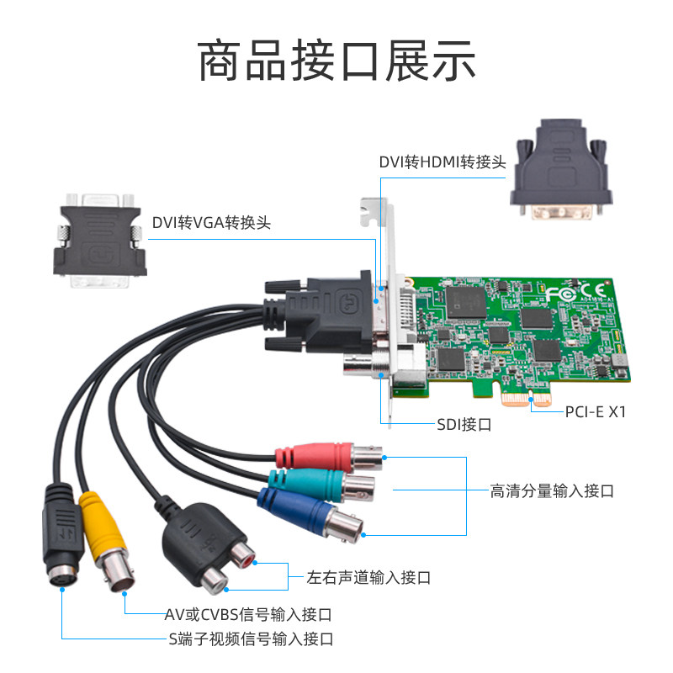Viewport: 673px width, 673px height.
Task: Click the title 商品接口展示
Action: point(336,63)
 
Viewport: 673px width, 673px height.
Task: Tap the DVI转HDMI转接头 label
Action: point(442,161)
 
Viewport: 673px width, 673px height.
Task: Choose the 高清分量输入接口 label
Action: point(552,490)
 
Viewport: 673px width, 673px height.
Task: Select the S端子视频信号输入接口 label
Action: point(250,639)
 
